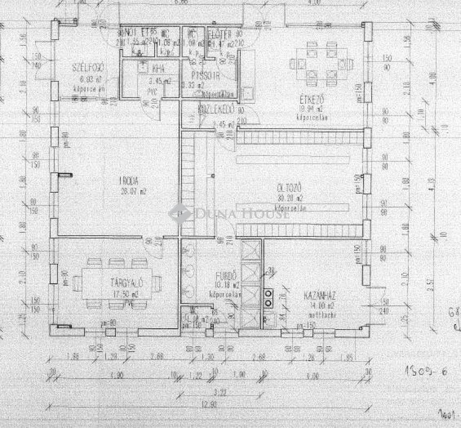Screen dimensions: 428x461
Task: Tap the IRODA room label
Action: [128, 180]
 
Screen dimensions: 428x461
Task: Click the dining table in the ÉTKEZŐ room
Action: [322, 65]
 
